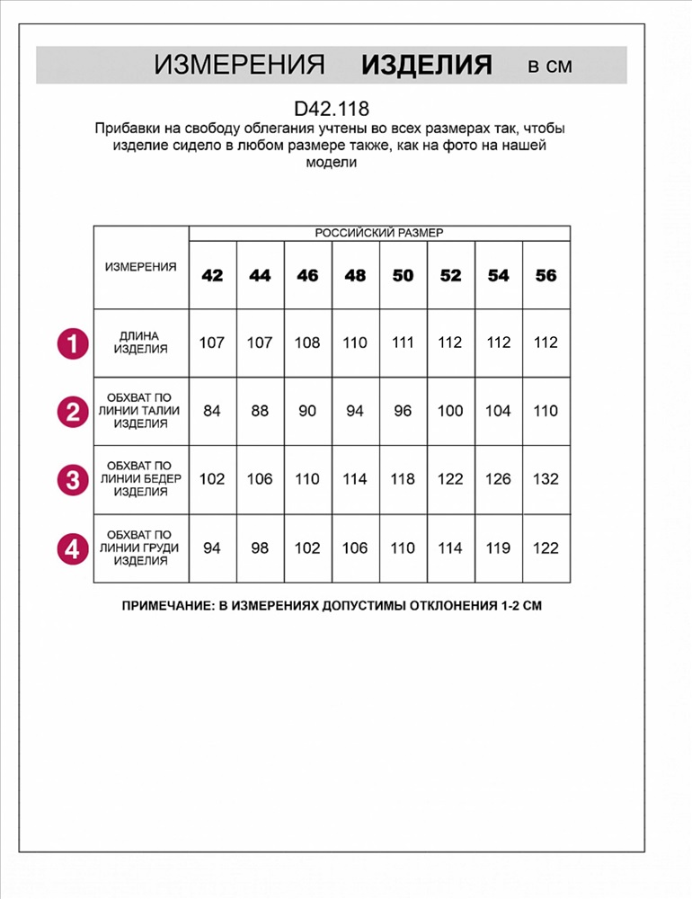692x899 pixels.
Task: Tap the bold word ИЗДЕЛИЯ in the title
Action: [427, 66]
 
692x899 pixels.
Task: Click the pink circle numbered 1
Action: [73, 343]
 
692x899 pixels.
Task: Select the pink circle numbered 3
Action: [73, 479]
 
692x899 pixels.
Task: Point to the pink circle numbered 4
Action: [73, 547]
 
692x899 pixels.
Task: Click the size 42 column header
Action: [212, 275]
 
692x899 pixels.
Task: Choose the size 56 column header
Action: [546, 275]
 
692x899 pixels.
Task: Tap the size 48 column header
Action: [355, 275]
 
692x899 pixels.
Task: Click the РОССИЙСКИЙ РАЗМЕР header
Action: [379, 233]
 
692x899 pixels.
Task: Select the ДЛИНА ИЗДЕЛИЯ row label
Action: [141, 343]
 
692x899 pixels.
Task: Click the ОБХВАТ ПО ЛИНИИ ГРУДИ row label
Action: [141, 547]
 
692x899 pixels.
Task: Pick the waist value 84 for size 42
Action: [212, 411]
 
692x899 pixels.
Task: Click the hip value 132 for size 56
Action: [546, 479]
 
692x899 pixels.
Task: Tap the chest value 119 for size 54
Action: [498, 547]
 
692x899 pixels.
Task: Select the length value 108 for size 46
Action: [307, 343]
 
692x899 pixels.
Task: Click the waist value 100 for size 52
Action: [450, 411]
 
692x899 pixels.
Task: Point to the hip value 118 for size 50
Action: [403, 479]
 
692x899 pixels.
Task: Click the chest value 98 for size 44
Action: [260, 547]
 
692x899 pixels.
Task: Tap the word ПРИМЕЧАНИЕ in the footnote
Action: [165, 606]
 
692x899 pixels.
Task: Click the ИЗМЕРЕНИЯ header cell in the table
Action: [141, 267]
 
